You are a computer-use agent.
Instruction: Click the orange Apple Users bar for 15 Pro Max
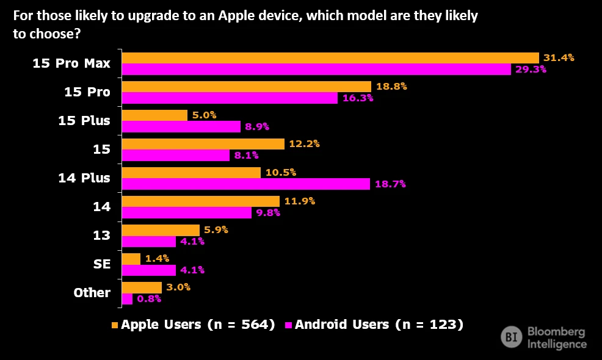pos(330,58)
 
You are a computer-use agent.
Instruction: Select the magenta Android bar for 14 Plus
pos(245,184)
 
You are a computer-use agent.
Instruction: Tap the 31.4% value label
pos(559,58)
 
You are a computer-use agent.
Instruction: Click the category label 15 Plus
pos(84,120)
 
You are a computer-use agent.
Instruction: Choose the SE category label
pos(102,264)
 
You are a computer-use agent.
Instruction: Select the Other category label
pos(92,293)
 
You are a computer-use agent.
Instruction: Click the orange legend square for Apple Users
pos(115,325)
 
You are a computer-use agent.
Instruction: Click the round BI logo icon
pos(511,337)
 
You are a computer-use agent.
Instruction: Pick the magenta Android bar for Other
pos(127,299)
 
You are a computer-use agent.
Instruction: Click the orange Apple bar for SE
pos(131,259)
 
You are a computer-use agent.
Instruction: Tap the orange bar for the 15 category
pos(203,144)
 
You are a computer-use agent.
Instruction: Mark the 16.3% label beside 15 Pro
pos(358,98)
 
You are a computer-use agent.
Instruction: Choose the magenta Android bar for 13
pos(148,241)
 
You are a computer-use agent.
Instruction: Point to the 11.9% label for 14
pos(300,201)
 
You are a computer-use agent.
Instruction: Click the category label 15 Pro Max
pos(71,63)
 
